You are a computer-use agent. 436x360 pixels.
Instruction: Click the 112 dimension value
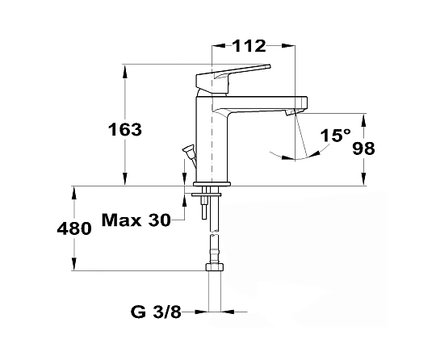pos(249,46)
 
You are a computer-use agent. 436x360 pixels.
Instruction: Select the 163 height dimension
pos(125,129)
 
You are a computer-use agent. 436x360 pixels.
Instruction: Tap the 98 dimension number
pos(363,149)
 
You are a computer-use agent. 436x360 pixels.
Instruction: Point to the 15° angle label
pos(336,136)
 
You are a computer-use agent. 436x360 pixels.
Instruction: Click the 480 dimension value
pos(74,228)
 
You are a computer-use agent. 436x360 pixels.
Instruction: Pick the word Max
pos(121,220)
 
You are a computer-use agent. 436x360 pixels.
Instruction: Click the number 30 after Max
pos(159,220)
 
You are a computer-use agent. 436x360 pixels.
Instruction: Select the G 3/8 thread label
pos(156,312)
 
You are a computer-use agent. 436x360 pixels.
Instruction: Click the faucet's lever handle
pos(233,78)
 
